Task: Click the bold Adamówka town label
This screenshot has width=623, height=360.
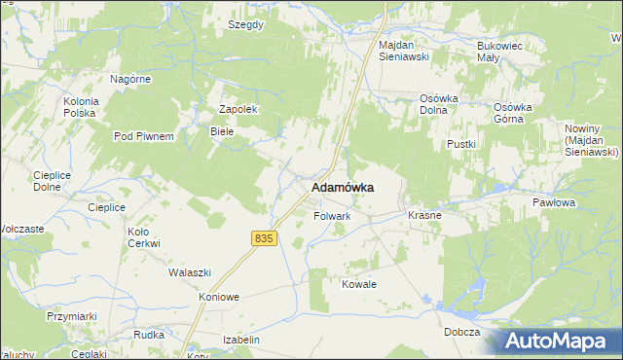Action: tap(343, 187)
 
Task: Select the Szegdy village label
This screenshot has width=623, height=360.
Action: tap(245, 24)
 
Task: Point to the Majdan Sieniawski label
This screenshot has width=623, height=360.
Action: tap(404, 51)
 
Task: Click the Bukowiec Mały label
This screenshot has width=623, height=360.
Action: tap(501, 51)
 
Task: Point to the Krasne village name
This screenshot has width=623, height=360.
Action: tap(425, 215)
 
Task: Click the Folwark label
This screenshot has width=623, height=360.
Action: tap(332, 215)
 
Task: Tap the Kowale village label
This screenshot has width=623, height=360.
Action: tap(358, 284)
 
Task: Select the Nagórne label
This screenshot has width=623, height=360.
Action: tap(129, 79)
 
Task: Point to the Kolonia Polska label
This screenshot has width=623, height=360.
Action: tap(80, 107)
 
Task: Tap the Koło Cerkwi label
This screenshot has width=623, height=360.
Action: tap(143, 237)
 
